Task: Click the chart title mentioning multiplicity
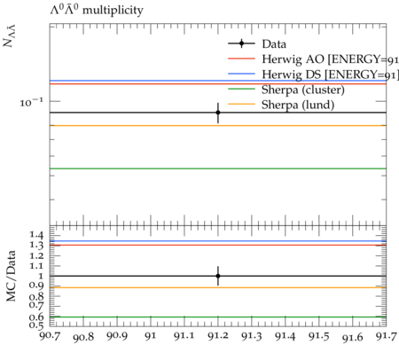[x=97, y=10]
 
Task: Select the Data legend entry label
[x=274, y=44]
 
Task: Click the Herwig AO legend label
[x=331, y=59]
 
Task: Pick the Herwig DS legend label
[x=331, y=74]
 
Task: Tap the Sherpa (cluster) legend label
[x=303, y=90]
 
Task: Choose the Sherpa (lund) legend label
[x=298, y=105]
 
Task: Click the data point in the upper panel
[x=218, y=113]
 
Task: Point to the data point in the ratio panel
[x=218, y=276]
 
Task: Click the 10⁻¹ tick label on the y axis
[x=31, y=102]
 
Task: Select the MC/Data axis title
[x=11, y=276]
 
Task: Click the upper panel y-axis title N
[x=10, y=36]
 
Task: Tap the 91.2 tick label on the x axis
[x=218, y=336]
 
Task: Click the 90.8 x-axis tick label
[x=83, y=337]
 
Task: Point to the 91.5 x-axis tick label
[x=319, y=336]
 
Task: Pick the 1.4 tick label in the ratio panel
[x=36, y=235]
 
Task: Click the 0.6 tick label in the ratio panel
[x=36, y=317]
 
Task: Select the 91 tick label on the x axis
[x=151, y=336]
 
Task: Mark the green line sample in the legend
[x=241, y=89]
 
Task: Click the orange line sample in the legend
[x=241, y=104]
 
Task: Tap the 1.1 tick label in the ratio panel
[x=36, y=266]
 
